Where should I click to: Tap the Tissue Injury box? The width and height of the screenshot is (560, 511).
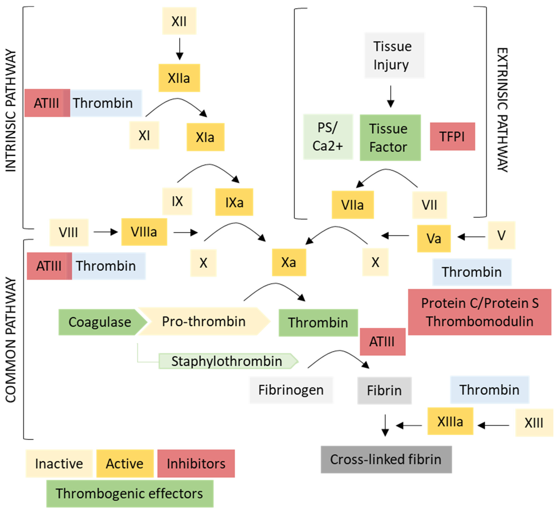394,55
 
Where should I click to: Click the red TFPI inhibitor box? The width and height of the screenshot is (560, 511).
452,136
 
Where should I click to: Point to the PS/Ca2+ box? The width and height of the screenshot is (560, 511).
328,136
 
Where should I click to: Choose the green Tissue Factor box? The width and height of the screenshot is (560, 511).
390,138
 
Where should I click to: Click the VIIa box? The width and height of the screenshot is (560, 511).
353,205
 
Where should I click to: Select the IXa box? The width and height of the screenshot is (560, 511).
234,202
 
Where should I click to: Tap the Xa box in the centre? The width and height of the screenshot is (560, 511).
289,262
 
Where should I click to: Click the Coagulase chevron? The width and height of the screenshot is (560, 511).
100,322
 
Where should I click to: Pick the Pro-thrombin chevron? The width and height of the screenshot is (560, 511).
204,322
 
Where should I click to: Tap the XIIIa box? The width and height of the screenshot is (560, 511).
450,421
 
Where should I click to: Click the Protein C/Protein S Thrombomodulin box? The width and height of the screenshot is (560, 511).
479,312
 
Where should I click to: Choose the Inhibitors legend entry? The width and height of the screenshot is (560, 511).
196,463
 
